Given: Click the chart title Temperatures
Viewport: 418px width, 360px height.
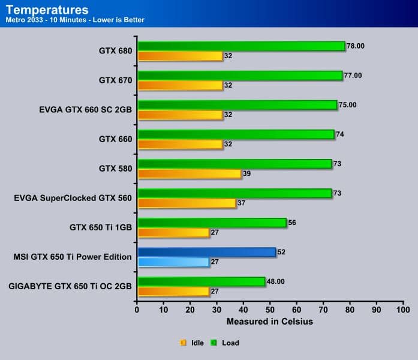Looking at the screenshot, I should click(x=47, y=10).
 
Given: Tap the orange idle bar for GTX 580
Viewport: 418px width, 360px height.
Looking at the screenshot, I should click(x=189, y=173).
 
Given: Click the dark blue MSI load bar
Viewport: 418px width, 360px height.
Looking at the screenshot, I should click(x=206, y=252).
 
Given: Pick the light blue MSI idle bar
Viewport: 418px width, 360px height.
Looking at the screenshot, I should click(x=173, y=262).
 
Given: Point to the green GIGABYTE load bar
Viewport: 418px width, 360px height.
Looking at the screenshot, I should click(x=201, y=281).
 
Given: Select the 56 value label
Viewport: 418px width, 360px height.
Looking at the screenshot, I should click(x=293, y=223).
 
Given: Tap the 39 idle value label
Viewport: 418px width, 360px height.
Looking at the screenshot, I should click(x=247, y=174).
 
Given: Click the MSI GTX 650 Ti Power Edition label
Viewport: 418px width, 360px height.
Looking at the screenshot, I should click(x=73, y=257).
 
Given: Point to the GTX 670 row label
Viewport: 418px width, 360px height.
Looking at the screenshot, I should click(x=115, y=80).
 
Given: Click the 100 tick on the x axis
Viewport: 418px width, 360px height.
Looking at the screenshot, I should click(x=403, y=310).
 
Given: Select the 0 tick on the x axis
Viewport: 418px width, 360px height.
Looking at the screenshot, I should click(x=137, y=310).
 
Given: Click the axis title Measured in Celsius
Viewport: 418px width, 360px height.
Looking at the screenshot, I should click(x=270, y=322).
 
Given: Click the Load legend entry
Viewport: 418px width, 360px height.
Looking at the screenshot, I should click(x=226, y=343).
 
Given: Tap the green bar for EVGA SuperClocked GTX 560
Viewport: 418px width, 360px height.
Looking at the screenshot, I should click(x=234, y=193).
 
